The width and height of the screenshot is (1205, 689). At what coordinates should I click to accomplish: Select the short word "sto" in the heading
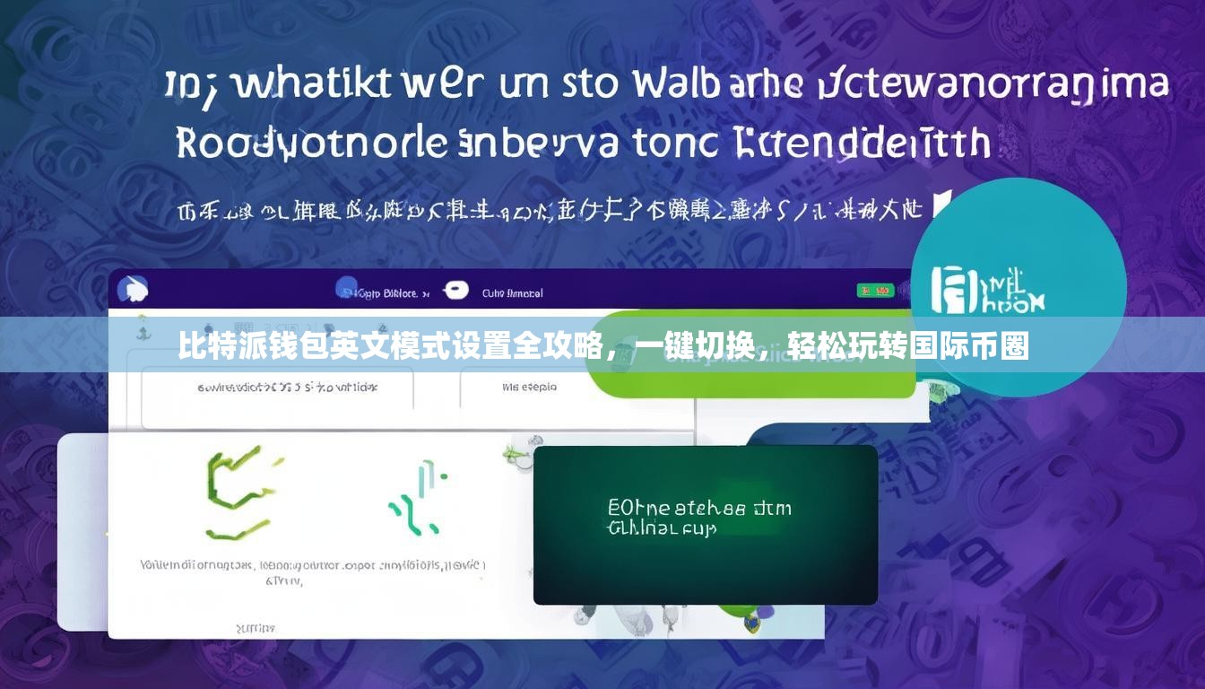pos(588,85)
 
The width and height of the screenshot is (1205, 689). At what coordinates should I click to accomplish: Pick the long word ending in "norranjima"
pos(995,85)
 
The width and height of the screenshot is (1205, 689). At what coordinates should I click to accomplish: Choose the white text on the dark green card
pos(699,518)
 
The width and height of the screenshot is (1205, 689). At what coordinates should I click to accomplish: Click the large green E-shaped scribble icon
pos(236,493)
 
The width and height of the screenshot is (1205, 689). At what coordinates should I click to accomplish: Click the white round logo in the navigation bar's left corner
pos(132,289)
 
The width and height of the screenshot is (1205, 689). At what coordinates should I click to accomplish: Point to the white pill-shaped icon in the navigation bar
pos(455,289)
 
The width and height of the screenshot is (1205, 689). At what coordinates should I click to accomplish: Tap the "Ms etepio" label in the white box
pos(529,388)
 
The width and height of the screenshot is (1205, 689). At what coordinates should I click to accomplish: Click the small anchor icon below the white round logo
pos(141,329)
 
